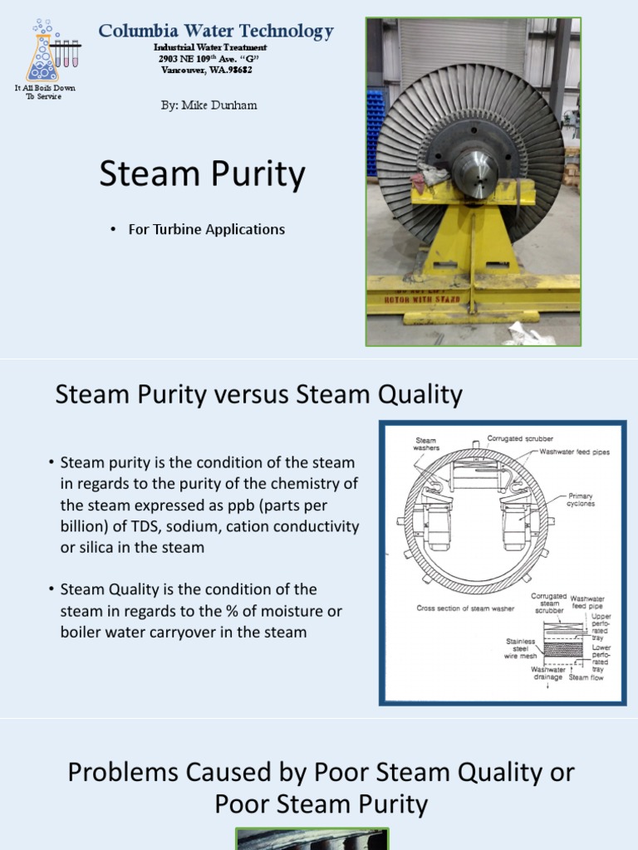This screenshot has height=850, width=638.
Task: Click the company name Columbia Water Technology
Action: (x=216, y=32)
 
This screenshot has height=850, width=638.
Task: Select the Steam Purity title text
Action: (x=202, y=175)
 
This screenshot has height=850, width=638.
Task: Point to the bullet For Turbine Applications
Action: (x=206, y=229)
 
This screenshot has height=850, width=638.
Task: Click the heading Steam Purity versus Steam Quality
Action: (x=258, y=394)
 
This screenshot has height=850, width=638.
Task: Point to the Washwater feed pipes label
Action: (x=575, y=452)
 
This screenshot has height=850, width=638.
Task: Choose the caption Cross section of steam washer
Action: (x=465, y=608)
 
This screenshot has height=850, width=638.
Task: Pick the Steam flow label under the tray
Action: (x=586, y=677)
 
